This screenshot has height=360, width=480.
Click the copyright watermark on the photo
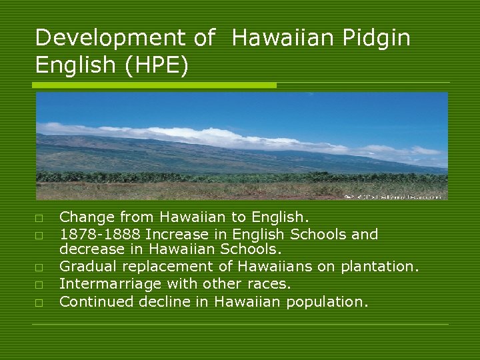[x=393, y=197]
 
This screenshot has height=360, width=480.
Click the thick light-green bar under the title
[x=154, y=85]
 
